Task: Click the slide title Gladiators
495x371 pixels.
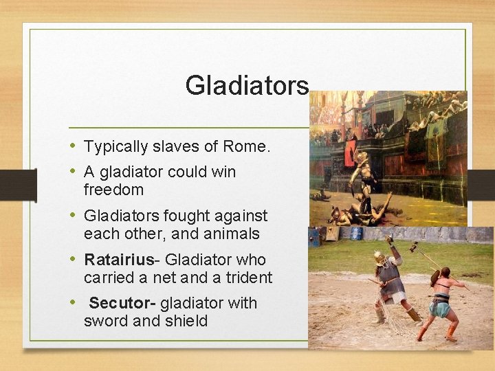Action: point(247,86)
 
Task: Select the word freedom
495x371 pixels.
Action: point(113,190)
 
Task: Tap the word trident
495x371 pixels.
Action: point(246,278)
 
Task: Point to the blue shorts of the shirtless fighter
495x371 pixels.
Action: point(440,309)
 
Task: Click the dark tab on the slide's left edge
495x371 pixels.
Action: point(27,185)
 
